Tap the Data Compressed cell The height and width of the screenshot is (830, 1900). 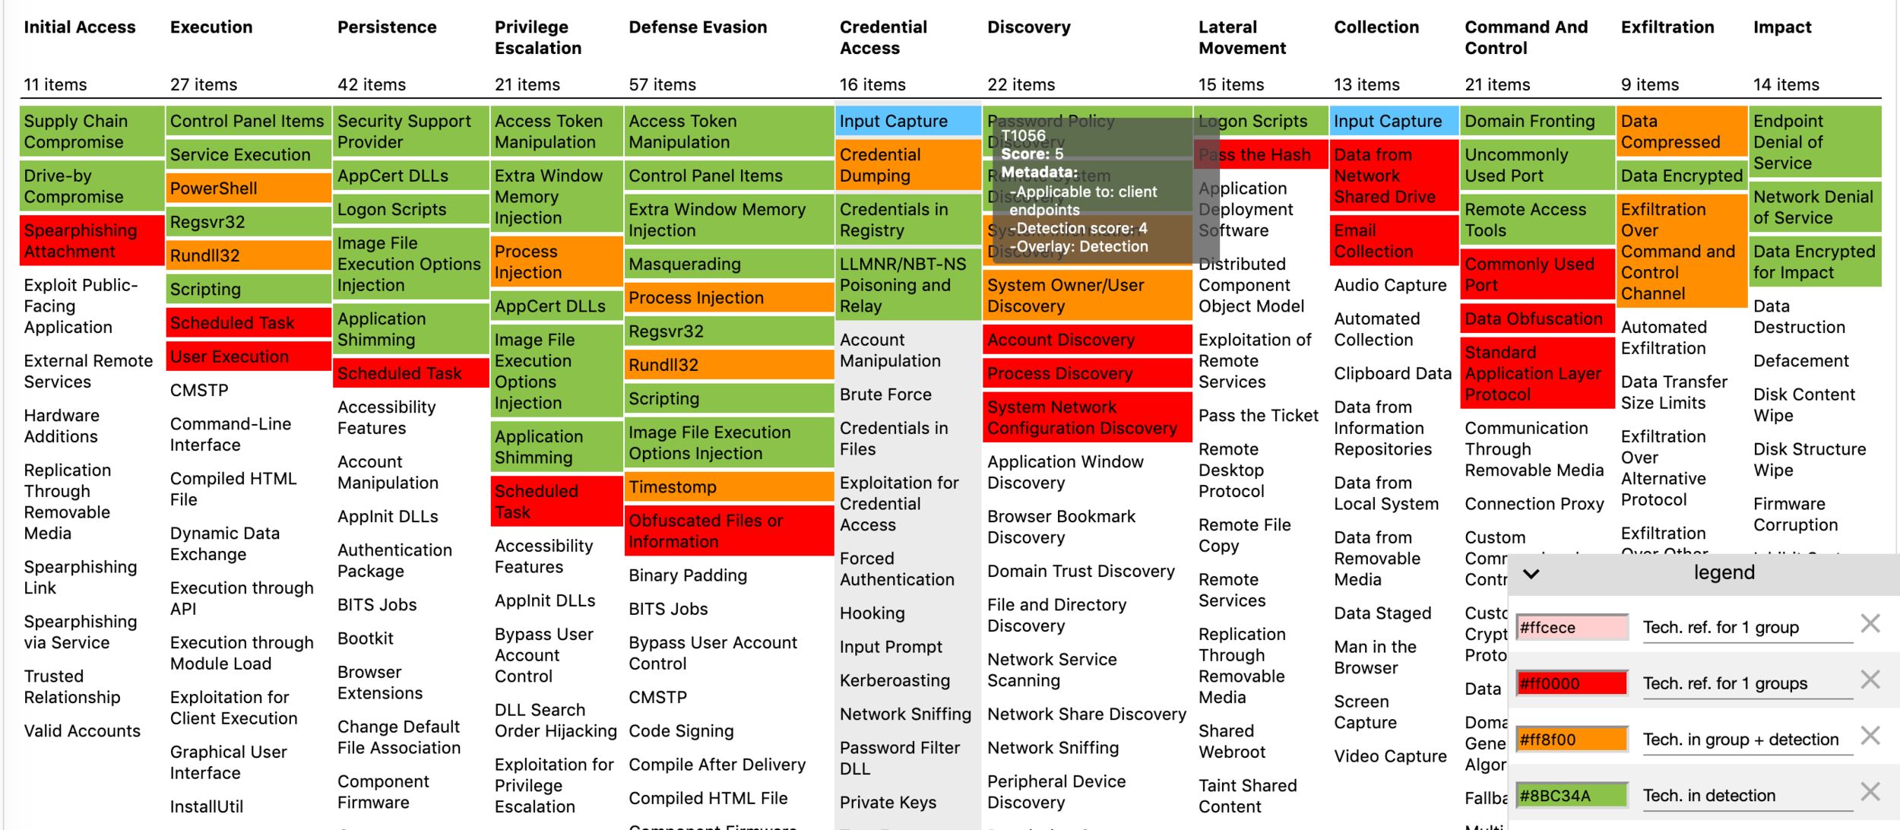1680,131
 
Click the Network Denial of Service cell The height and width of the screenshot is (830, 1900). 1813,207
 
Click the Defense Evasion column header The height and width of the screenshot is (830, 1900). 698,27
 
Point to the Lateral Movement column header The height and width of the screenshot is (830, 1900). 1242,38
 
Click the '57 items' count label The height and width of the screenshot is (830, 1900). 662,85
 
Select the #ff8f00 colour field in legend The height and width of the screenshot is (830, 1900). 1571,740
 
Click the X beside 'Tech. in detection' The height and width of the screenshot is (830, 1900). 1870,792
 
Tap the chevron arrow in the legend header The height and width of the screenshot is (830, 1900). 1531,574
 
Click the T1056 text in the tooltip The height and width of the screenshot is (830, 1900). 1023,136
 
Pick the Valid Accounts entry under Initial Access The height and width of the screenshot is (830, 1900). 82,731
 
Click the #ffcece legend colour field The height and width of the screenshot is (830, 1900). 1571,628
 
